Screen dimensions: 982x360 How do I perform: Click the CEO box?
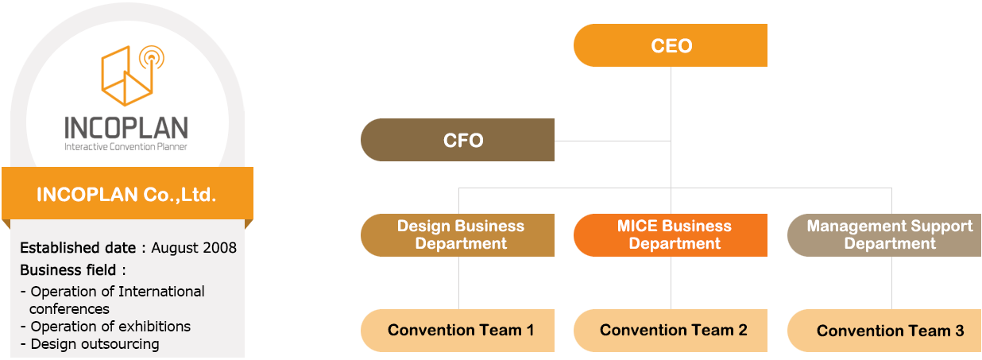pyautogui.click(x=671, y=45)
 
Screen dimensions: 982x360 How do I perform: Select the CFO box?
pyautogui.click(x=458, y=140)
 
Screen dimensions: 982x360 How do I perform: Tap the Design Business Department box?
pyautogui.click(x=458, y=235)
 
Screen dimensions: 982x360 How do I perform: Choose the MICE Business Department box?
pyautogui.click(x=671, y=235)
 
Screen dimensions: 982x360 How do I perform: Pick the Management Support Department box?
pyautogui.click(x=884, y=235)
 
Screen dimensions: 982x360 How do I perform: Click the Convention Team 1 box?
pyautogui.click(x=458, y=330)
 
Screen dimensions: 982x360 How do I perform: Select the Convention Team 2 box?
pyautogui.click(x=671, y=330)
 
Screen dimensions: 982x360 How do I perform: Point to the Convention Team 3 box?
pyautogui.click(x=884, y=330)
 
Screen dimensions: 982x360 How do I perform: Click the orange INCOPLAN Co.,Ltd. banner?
pyautogui.click(x=128, y=193)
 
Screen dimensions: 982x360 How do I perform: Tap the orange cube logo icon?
pyautogui.click(x=127, y=77)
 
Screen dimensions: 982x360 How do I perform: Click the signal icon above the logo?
pyautogui.click(x=152, y=57)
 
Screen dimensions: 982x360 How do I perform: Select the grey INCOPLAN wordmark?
pyautogui.click(x=126, y=128)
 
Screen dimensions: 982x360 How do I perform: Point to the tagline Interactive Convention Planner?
pyautogui.click(x=126, y=147)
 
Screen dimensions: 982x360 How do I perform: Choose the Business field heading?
pyautogui.click(x=68, y=270)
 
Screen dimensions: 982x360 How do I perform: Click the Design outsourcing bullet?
pyautogui.click(x=90, y=344)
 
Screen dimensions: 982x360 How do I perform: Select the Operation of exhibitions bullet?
pyautogui.click(x=106, y=327)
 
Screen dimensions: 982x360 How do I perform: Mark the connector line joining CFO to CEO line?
pyautogui.click(x=613, y=141)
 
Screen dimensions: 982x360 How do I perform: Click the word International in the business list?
pyautogui.click(x=161, y=292)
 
